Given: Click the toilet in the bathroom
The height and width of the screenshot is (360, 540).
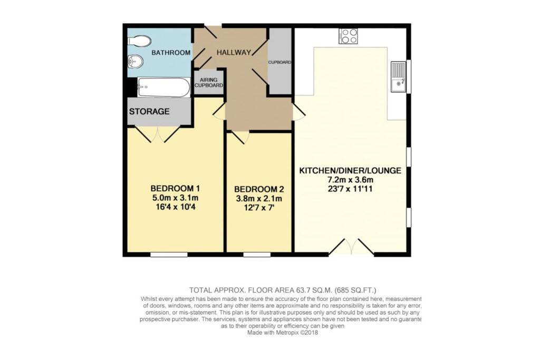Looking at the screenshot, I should [x=140, y=41].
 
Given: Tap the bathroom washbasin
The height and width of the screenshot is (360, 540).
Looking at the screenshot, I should [x=136, y=62].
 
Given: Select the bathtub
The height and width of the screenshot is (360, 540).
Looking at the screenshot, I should [x=163, y=87].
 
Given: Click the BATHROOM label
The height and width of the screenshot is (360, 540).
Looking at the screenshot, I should [x=171, y=53].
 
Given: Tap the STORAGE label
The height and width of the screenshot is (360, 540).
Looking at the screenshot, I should [x=150, y=112].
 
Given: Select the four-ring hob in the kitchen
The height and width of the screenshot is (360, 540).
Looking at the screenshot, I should [x=348, y=36].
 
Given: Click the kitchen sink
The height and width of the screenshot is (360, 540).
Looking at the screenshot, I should [x=398, y=77].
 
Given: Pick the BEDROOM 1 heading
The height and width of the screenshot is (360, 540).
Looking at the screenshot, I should [x=175, y=189].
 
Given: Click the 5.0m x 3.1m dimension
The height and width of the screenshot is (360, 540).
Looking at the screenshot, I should [x=175, y=198].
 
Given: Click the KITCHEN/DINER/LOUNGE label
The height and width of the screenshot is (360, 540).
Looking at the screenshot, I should [x=351, y=171].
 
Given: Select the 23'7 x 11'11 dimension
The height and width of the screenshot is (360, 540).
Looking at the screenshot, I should [x=351, y=190].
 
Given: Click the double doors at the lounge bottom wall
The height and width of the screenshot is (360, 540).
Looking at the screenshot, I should [x=351, y=248].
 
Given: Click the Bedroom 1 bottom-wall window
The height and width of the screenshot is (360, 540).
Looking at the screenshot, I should [x=169, y=255].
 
